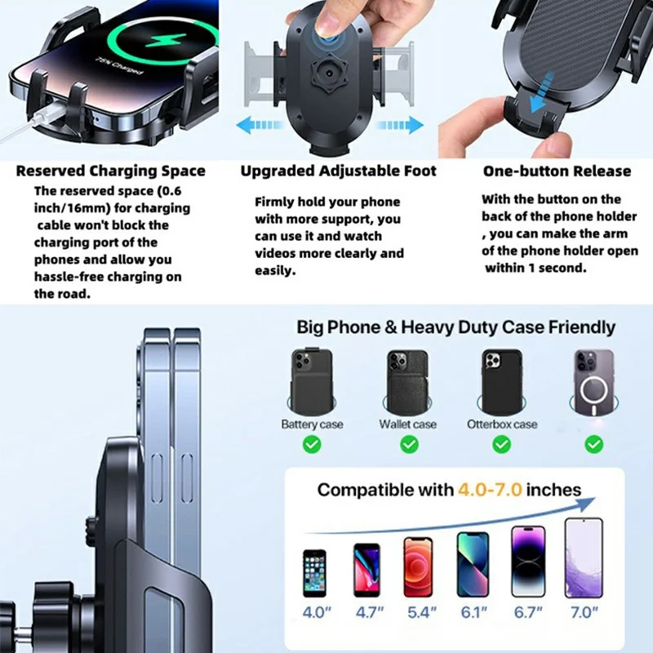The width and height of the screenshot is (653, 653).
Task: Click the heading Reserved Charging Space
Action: (x=111, y=171)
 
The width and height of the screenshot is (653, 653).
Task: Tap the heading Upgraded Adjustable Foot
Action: (x=338, y=171)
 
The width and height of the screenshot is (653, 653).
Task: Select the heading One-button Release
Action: (x=557, y=171)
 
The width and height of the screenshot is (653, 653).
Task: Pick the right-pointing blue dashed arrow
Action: (x=403, y=125)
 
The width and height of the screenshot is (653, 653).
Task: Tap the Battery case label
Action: (x=312, y=424)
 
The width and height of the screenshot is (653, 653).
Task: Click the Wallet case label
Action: (x=408, y=424)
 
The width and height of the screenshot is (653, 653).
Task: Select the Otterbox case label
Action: (x=502, y=424)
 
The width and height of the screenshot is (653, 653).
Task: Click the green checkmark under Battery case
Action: (x=312, y=444)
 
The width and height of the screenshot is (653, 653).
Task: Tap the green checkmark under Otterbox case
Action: (x=502, y=444)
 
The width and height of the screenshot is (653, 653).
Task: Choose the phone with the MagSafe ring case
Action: (x=593, y=383)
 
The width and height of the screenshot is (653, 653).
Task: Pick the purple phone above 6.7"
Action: (x=527, y=561)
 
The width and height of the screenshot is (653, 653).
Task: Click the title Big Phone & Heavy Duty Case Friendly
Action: (x=455, y=328)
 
